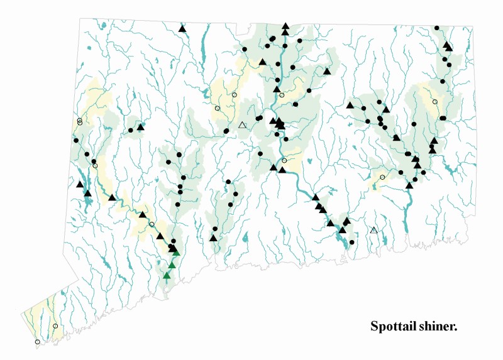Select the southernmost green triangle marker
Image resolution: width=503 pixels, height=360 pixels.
167,275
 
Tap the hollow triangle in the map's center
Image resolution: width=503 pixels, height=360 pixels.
243,126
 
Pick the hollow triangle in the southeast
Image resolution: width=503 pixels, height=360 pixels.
374,231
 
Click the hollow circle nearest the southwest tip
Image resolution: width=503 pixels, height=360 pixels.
37,342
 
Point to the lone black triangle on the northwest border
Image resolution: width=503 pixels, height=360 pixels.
182,28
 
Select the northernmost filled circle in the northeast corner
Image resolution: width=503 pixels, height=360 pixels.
437,28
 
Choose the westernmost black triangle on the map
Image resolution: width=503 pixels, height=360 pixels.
80,184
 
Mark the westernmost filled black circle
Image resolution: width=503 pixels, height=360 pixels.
76,140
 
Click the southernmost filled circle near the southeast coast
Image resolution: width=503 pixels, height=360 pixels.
351,242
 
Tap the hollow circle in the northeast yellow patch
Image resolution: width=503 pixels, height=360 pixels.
435,101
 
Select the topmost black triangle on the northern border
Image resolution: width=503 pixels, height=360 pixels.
285,26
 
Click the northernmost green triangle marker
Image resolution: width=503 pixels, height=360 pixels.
176,253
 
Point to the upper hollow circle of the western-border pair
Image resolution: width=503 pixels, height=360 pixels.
80,119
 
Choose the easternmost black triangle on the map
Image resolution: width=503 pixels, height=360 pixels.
448,47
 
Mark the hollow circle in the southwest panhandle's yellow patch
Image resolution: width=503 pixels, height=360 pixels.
55,326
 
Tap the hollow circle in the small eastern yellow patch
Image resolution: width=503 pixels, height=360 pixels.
382,177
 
